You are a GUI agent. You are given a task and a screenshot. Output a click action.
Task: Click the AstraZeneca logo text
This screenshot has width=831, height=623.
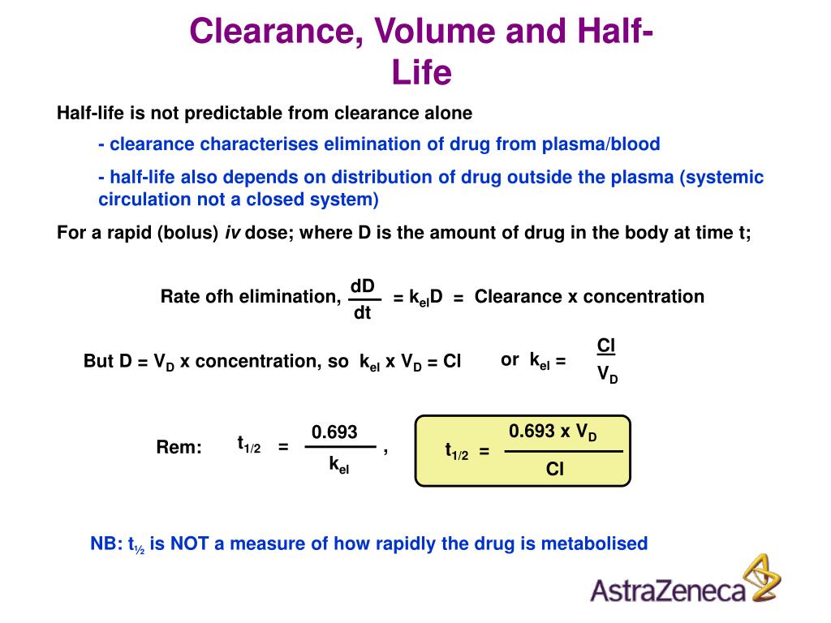[x=667, y=590]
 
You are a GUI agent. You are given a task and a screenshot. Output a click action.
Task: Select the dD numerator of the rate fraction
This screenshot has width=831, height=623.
[x=362, y=286]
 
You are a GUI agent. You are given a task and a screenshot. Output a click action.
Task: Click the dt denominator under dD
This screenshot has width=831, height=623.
[x=362, y=313]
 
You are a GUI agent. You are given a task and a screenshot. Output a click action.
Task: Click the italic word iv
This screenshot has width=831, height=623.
[x=232, y=233]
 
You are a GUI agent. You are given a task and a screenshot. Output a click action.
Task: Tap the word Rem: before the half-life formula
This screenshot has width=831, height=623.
[x=179, y=447]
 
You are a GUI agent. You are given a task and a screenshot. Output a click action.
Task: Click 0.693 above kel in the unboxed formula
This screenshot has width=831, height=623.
[x=334, y=432]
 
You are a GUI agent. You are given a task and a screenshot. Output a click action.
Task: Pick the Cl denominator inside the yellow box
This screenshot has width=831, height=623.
[x=555, y=469]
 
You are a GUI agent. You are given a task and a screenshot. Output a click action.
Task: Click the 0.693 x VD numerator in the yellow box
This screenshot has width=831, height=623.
[x=553, y=432]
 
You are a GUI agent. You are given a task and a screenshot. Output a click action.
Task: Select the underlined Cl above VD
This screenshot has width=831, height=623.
[x=606, y=346]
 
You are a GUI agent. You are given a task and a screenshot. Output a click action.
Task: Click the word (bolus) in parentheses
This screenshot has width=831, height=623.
[x=189, y=233]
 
